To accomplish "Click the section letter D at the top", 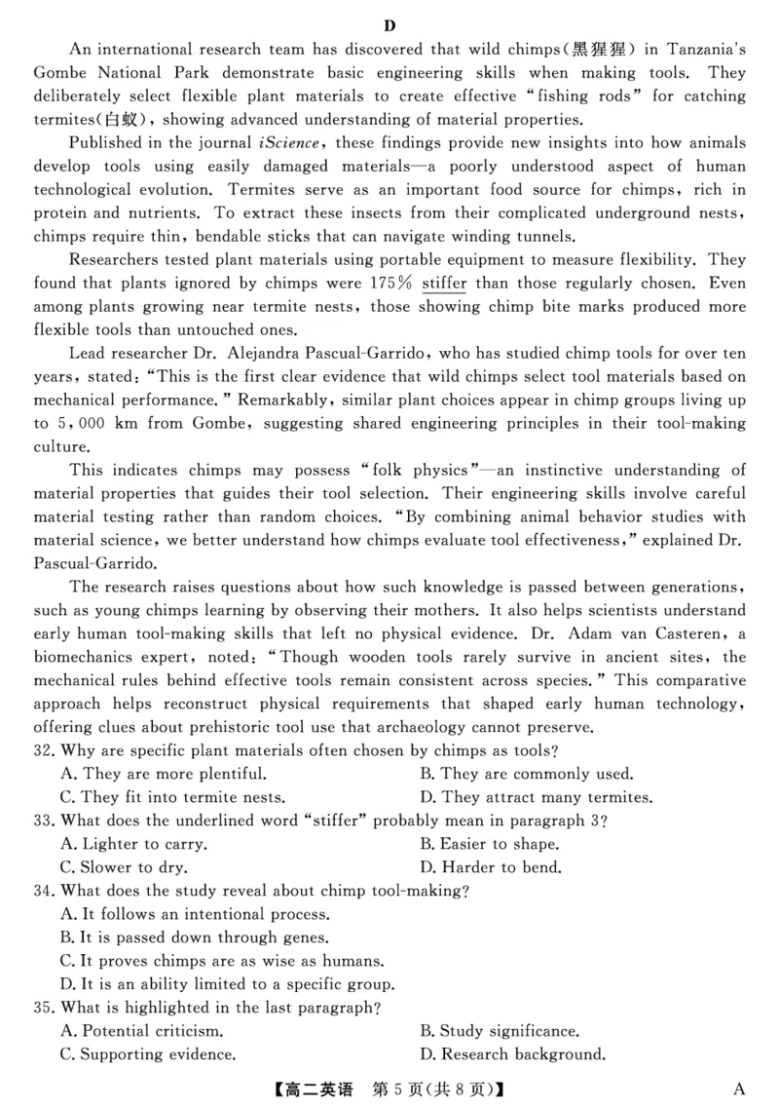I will [x=389, y=25].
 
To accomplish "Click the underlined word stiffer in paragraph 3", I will [x=445, y=284].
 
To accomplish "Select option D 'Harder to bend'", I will [x=502, y=867].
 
